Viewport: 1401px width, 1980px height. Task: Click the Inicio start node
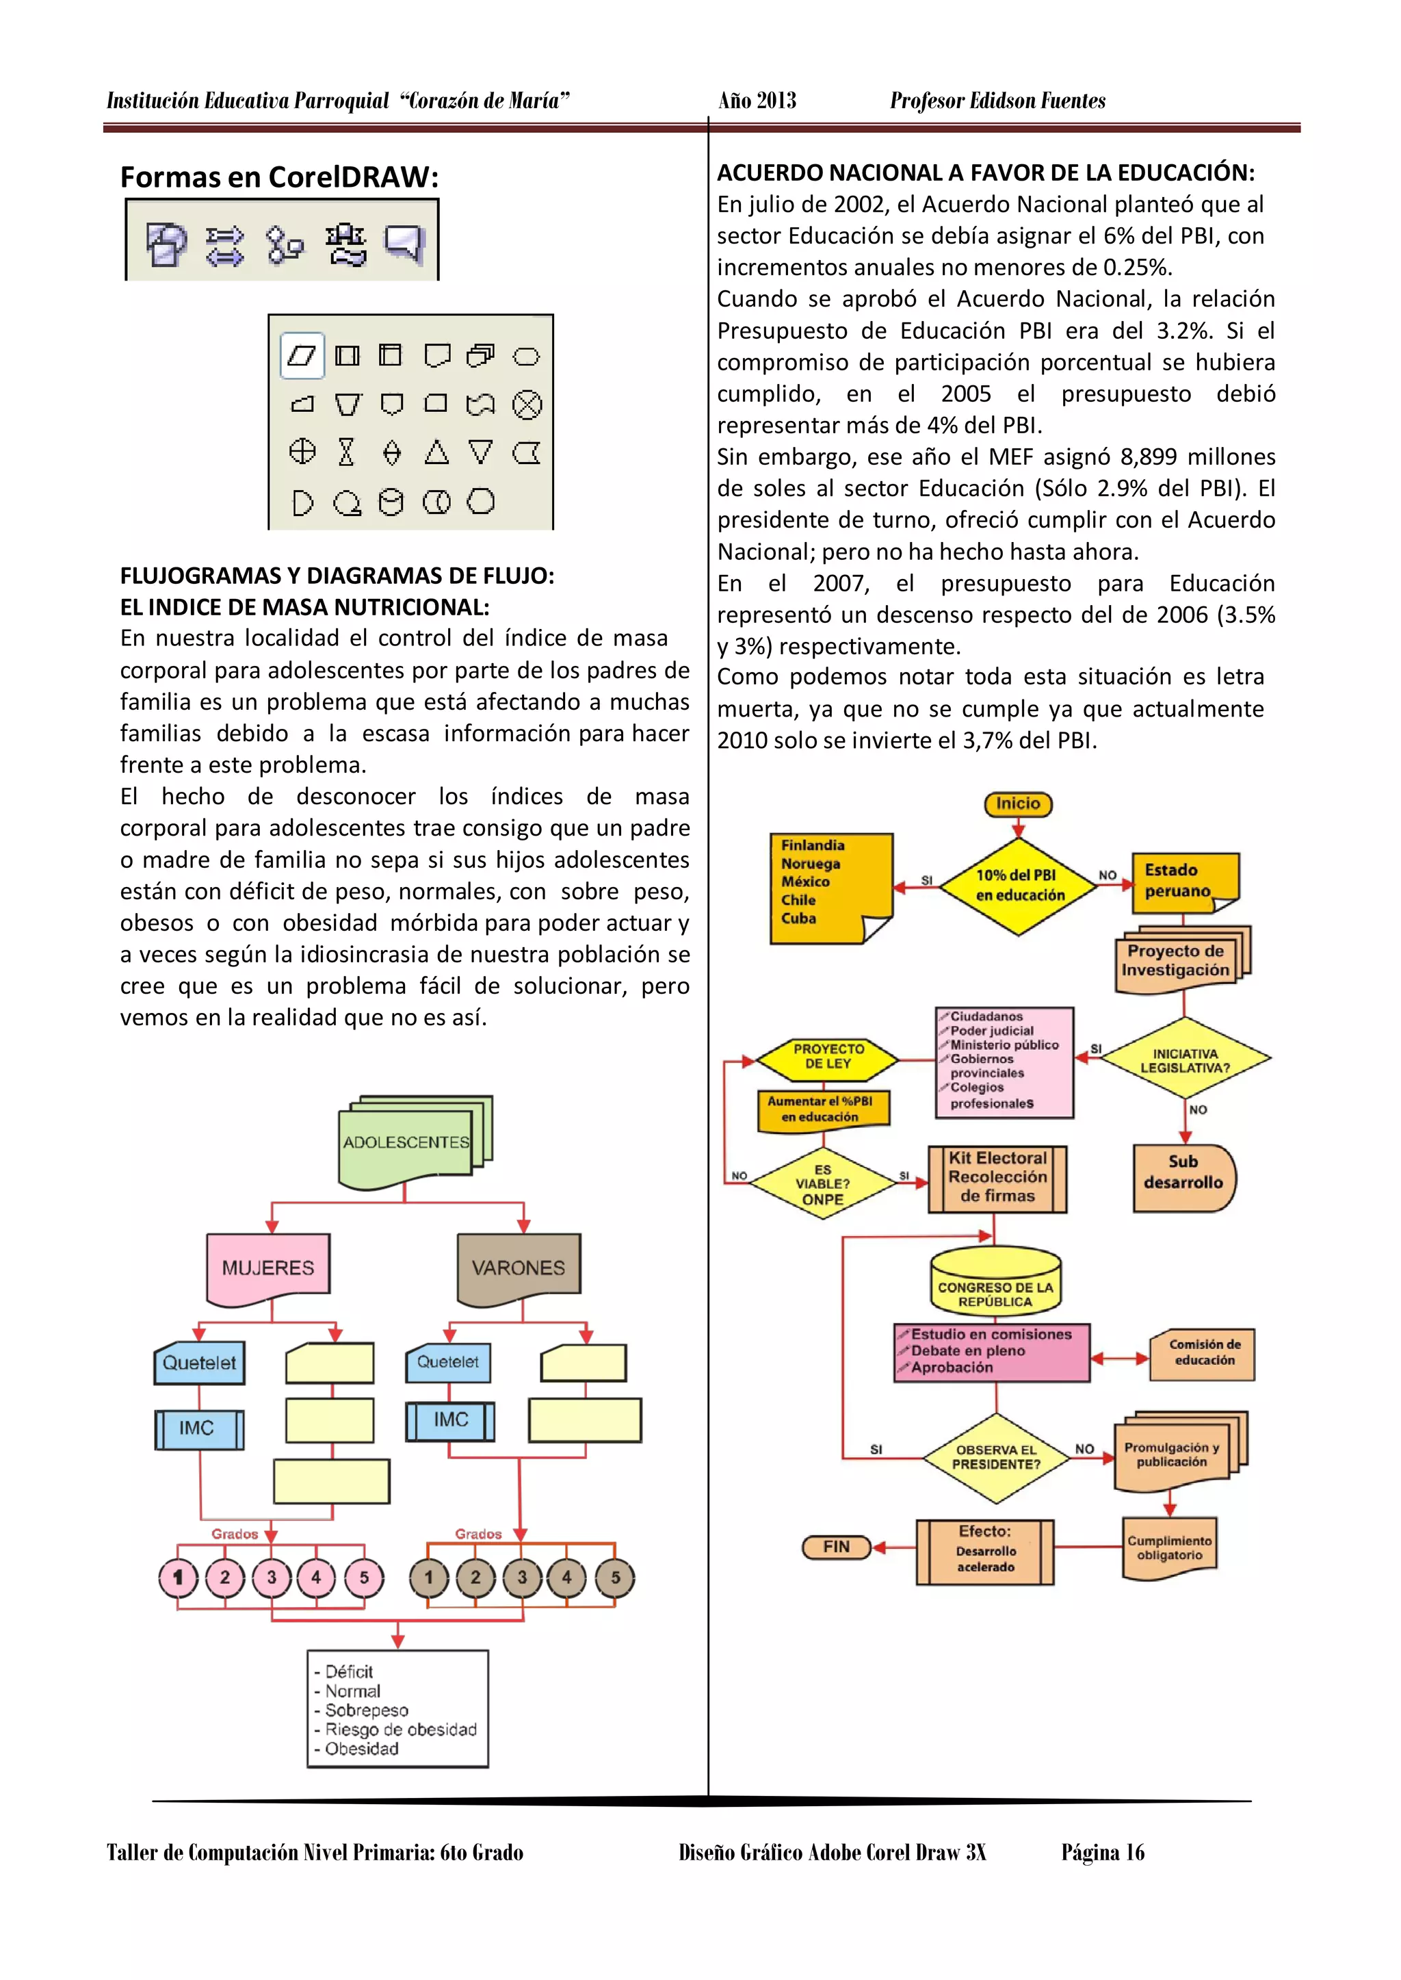pos(1018,803)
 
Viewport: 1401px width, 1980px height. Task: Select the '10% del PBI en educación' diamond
pos(1018,886)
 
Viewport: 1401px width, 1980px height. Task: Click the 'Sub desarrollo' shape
pos(1183,1177)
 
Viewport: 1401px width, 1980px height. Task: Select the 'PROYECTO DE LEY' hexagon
pos(827,1057)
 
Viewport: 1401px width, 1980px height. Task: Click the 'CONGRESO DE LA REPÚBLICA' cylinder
pos(995,1285)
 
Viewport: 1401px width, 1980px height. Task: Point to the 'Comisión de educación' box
pos(1203,1352)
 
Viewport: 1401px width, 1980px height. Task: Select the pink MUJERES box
pos(268,1267)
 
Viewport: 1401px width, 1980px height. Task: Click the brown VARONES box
pos(519,1267)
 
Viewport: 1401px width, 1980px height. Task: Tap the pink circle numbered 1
pos(179,1578)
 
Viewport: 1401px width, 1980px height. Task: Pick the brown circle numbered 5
pos(615,1578)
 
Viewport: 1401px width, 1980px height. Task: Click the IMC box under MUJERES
pos(198,1428)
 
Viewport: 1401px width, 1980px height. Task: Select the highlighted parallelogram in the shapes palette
pos(302,356)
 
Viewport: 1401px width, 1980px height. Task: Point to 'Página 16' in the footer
pos(1103,1852)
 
